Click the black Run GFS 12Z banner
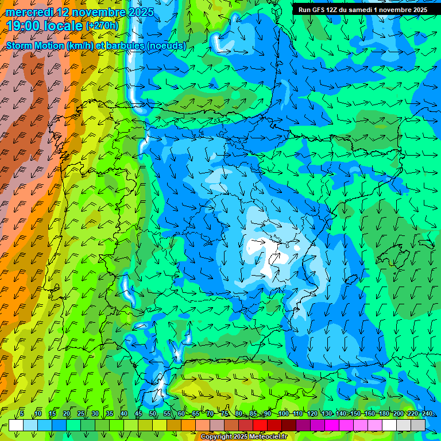pyautogui.click(x=362, y=10)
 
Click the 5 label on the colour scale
pyautogui.click(x=22, y=413)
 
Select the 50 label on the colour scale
pyautogui.click(x=152, y=413)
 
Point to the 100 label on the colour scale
pyautogui.click(x=283, y=413)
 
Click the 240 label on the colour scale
pyautogui.click(x=427, y=413)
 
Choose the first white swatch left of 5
pyautogui.click(x=16, y=425)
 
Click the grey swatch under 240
pyautogui.click(x=418, y=425)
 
